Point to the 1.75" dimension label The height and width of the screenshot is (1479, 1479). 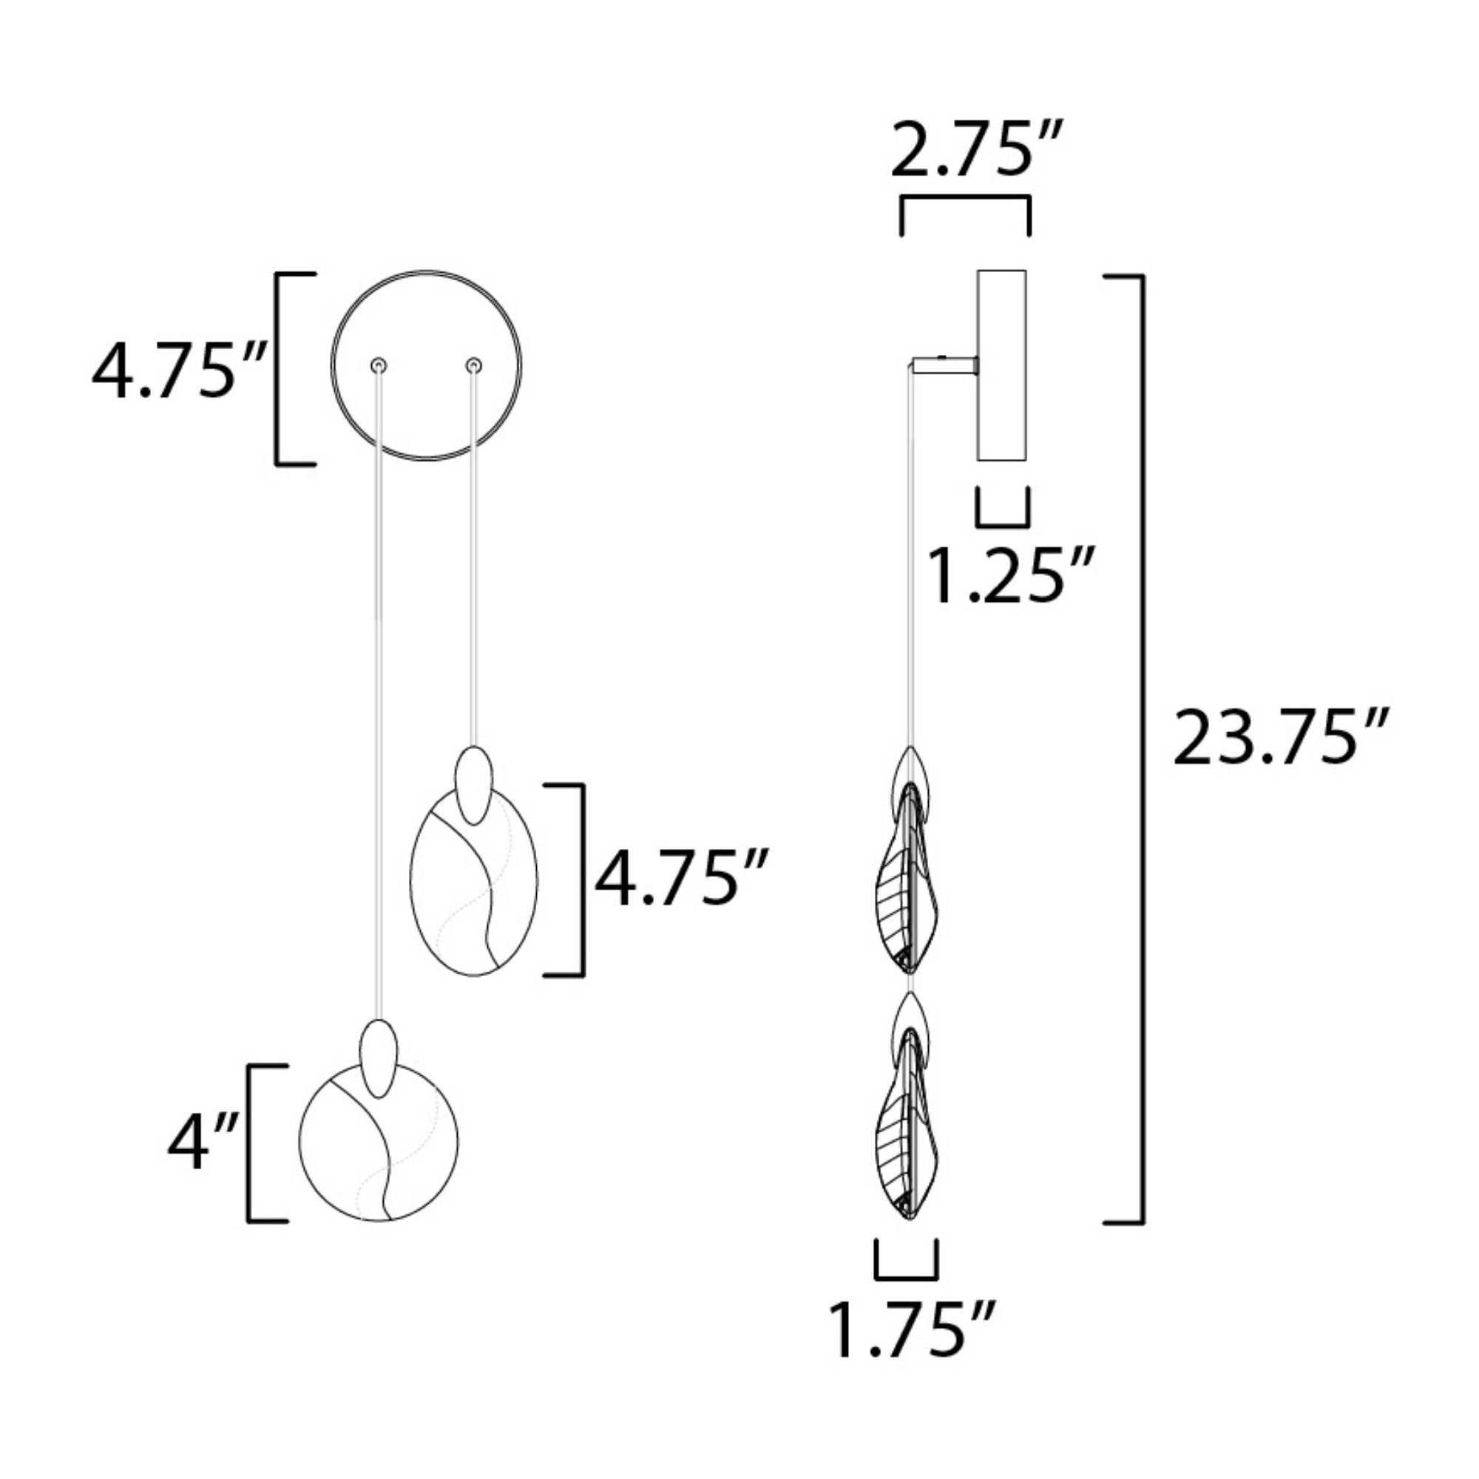click(911, 1330)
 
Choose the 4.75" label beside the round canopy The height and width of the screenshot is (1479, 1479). click(179, 373)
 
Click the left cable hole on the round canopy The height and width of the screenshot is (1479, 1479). click(378, 366)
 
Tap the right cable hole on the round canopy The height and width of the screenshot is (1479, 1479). click(475, 366)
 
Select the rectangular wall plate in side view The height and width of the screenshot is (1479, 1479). click(1002, 365)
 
